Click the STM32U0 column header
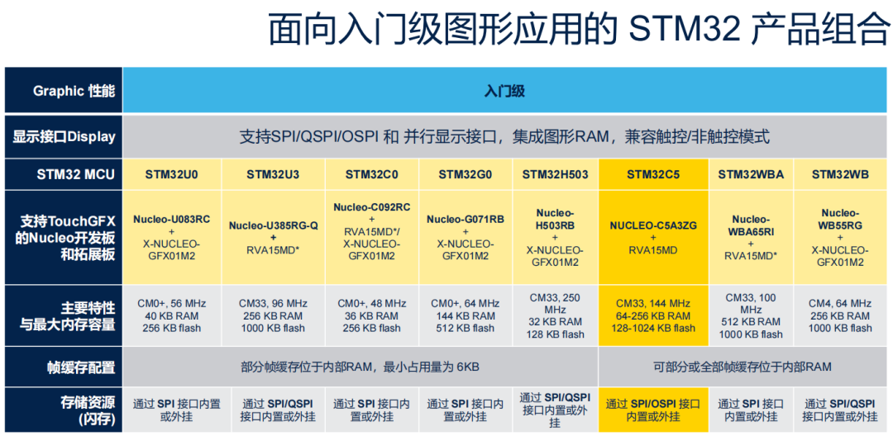coord(171,174)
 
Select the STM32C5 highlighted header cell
coord(653,174)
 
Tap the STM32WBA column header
coord(751,174)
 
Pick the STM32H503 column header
coord(554,174)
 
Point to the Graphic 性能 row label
coord(64,91)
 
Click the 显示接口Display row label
coord(64,136)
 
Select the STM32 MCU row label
coord(64,174)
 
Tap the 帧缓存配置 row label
coord(64,367)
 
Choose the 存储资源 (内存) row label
coord(64,410)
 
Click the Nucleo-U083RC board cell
coord(171,238)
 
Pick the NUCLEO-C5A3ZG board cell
coord(653,238)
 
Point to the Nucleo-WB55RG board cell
coord(841,238)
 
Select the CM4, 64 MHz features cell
coord(841,315)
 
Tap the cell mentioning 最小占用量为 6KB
coord(360,367)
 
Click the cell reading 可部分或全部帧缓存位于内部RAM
coord(742,367)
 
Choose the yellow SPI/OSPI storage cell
coord(653,410)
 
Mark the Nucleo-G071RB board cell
coord(464,238)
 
